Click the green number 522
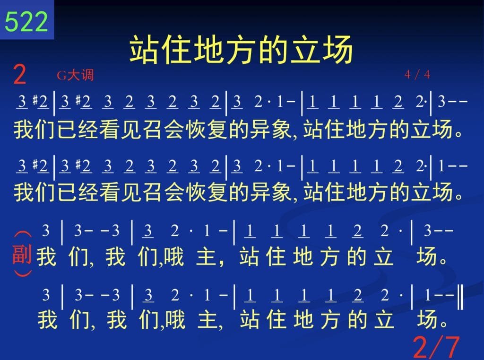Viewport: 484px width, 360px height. (26, 21)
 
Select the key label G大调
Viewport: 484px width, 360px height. (75, 75)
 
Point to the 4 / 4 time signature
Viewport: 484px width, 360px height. (417, 74)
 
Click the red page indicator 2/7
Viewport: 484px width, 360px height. (436, 347)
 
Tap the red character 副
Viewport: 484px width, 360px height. (22, 254)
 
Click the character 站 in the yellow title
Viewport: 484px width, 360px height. (145, 50)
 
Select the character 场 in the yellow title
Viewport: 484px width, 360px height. (337, 50)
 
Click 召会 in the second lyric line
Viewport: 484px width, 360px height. (164, 192)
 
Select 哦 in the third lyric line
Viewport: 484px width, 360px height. (174, 256)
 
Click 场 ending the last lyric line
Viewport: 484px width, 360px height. (427, 319)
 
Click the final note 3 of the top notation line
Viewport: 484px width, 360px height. (441, 101)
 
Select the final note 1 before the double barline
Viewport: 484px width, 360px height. (428, 295)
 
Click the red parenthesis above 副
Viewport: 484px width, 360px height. (23, 235)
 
